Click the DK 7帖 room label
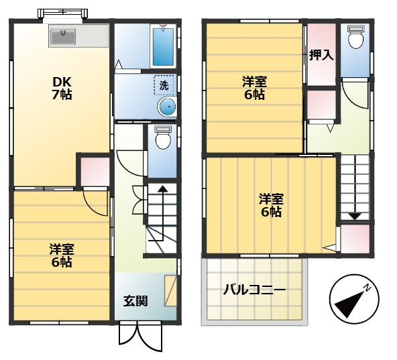(62, 88)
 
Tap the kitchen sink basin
(63, 36)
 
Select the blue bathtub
(163, 46)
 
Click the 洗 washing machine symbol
(164, 85)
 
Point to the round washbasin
(167, 107)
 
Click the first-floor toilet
(163, 137)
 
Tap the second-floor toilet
(355, 37)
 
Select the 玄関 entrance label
(135, 301)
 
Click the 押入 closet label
(321, 55)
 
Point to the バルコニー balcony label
(254, 290)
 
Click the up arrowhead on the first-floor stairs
(162, 188)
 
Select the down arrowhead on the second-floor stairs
(355, 217)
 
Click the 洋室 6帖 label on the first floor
(62, 255)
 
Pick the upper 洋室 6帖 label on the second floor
(254, 88)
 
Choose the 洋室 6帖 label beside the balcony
(271, 205)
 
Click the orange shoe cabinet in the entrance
(170, 290)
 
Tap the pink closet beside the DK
(95, 172)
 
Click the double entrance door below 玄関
(141, 337)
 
